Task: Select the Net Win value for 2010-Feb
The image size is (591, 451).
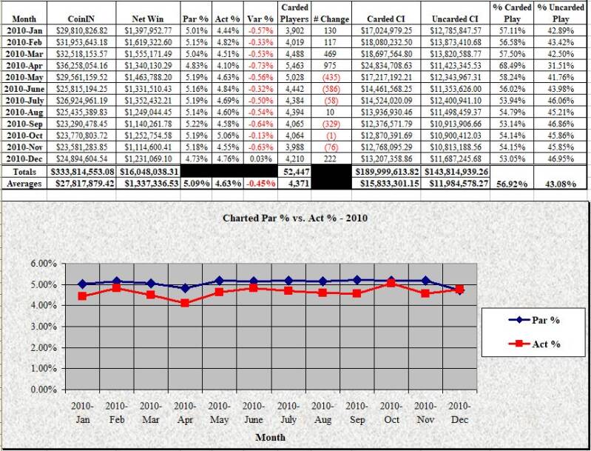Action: (148, 44)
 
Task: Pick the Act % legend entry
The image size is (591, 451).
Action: (536, 344)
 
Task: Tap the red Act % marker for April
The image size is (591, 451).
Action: (184, 304)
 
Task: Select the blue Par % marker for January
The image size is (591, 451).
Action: (81, 284)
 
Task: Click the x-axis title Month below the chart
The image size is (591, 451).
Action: (271, 437)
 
